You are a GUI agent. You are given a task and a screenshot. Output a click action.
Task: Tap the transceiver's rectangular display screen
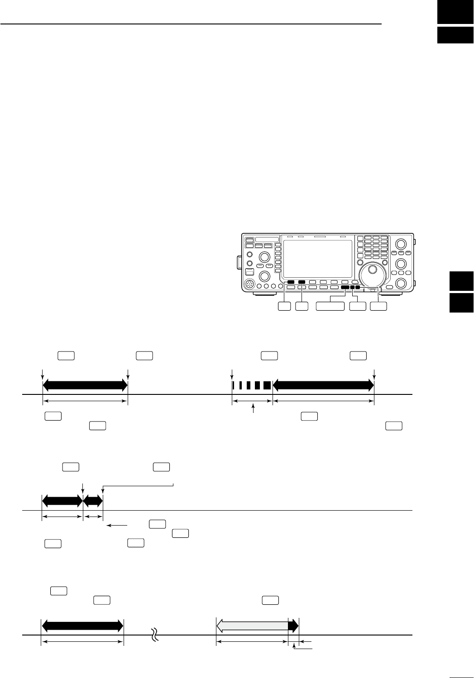pos(316,259)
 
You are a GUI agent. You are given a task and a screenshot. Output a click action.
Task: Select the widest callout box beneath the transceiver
pos(330,307)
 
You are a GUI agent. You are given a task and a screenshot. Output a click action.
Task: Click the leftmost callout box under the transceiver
pos(284,307)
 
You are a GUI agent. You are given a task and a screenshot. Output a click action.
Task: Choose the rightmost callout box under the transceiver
pos(378,307)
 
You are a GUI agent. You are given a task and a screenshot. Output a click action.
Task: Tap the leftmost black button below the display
pos(291,282)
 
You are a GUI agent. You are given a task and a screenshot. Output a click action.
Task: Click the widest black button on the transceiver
pos(345,288)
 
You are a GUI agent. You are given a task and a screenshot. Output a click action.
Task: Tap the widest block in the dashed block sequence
pos(267,385)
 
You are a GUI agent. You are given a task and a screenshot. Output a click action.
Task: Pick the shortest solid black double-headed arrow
pos(93,501)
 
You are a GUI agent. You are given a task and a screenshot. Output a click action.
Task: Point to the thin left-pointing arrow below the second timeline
pos(116,526)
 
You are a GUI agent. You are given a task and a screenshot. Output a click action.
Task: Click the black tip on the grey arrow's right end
pos(294,626)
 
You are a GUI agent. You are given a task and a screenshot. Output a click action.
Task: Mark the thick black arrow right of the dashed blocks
pos(323,385)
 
